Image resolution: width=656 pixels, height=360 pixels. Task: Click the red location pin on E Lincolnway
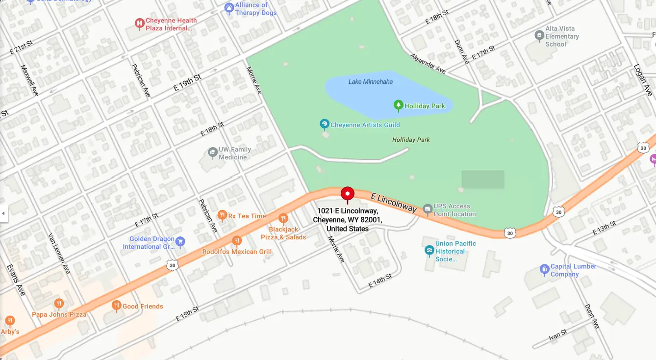(x=348, y=194)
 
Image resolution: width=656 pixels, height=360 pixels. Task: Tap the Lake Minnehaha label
(x=370, y=81)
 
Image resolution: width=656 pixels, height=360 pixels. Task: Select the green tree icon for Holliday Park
(x=398, y=105)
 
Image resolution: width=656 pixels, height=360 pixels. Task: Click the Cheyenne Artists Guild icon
(x=324, y=124)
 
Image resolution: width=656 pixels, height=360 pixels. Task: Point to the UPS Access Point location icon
(x=428, y=209)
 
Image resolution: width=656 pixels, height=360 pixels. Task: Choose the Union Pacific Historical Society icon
(x=429, y=251)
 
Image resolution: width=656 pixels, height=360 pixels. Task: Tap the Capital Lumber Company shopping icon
(x=544, y=269)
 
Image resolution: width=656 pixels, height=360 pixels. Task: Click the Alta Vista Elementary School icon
(x=539, y=36)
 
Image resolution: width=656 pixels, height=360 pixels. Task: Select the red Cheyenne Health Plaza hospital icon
(x=139, y=23)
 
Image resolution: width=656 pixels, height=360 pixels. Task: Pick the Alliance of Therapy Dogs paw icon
(x=229, y=8)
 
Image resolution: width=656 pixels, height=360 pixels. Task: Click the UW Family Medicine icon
(x=212, y=153)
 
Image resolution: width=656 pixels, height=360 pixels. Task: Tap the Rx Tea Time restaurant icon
(x=222, y=215)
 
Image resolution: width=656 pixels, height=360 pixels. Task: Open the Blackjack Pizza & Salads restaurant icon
(x=283, y=218)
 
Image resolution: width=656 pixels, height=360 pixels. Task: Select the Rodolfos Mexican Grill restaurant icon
(x=237, y=240)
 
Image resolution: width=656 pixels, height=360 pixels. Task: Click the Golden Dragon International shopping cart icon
(x=180, y=241)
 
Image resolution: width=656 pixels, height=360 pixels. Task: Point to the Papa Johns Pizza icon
(x=59, y=304)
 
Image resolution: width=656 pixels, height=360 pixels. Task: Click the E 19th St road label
(x=187, y=83)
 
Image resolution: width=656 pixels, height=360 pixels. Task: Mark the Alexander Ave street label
(x=428, y=64)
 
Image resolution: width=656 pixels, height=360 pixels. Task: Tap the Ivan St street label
(x=557, y=335)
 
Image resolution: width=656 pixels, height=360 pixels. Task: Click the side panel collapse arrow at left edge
(x=4, y=213)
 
